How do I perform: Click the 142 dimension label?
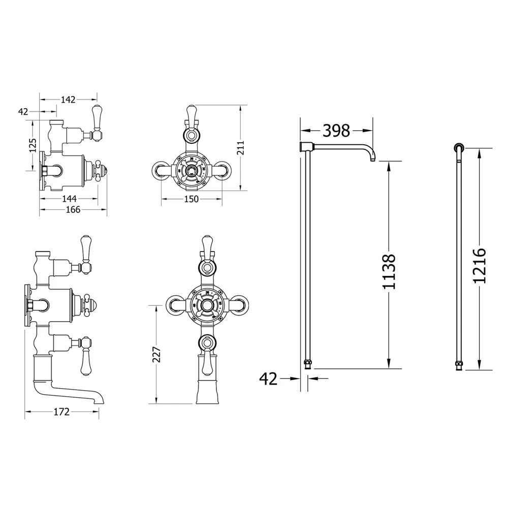[x=68, y=100]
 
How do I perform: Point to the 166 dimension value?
[x=73, y=210]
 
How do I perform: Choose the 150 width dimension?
[x=191, y=200]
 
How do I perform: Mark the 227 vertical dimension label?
[x=156, y=354]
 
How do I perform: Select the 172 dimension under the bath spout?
[x=60, y=412]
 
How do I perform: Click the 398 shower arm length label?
[x=336, y=131]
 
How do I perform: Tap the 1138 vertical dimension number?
[x=389, y=272]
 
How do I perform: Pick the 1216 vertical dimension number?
[x=479, y=266]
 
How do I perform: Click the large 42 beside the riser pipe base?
[x=268, y=378]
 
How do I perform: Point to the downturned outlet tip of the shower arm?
[x=373, y=160]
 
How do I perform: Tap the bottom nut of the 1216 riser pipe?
[x=459, y=364]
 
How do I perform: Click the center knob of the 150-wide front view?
[x=191, y=170]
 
